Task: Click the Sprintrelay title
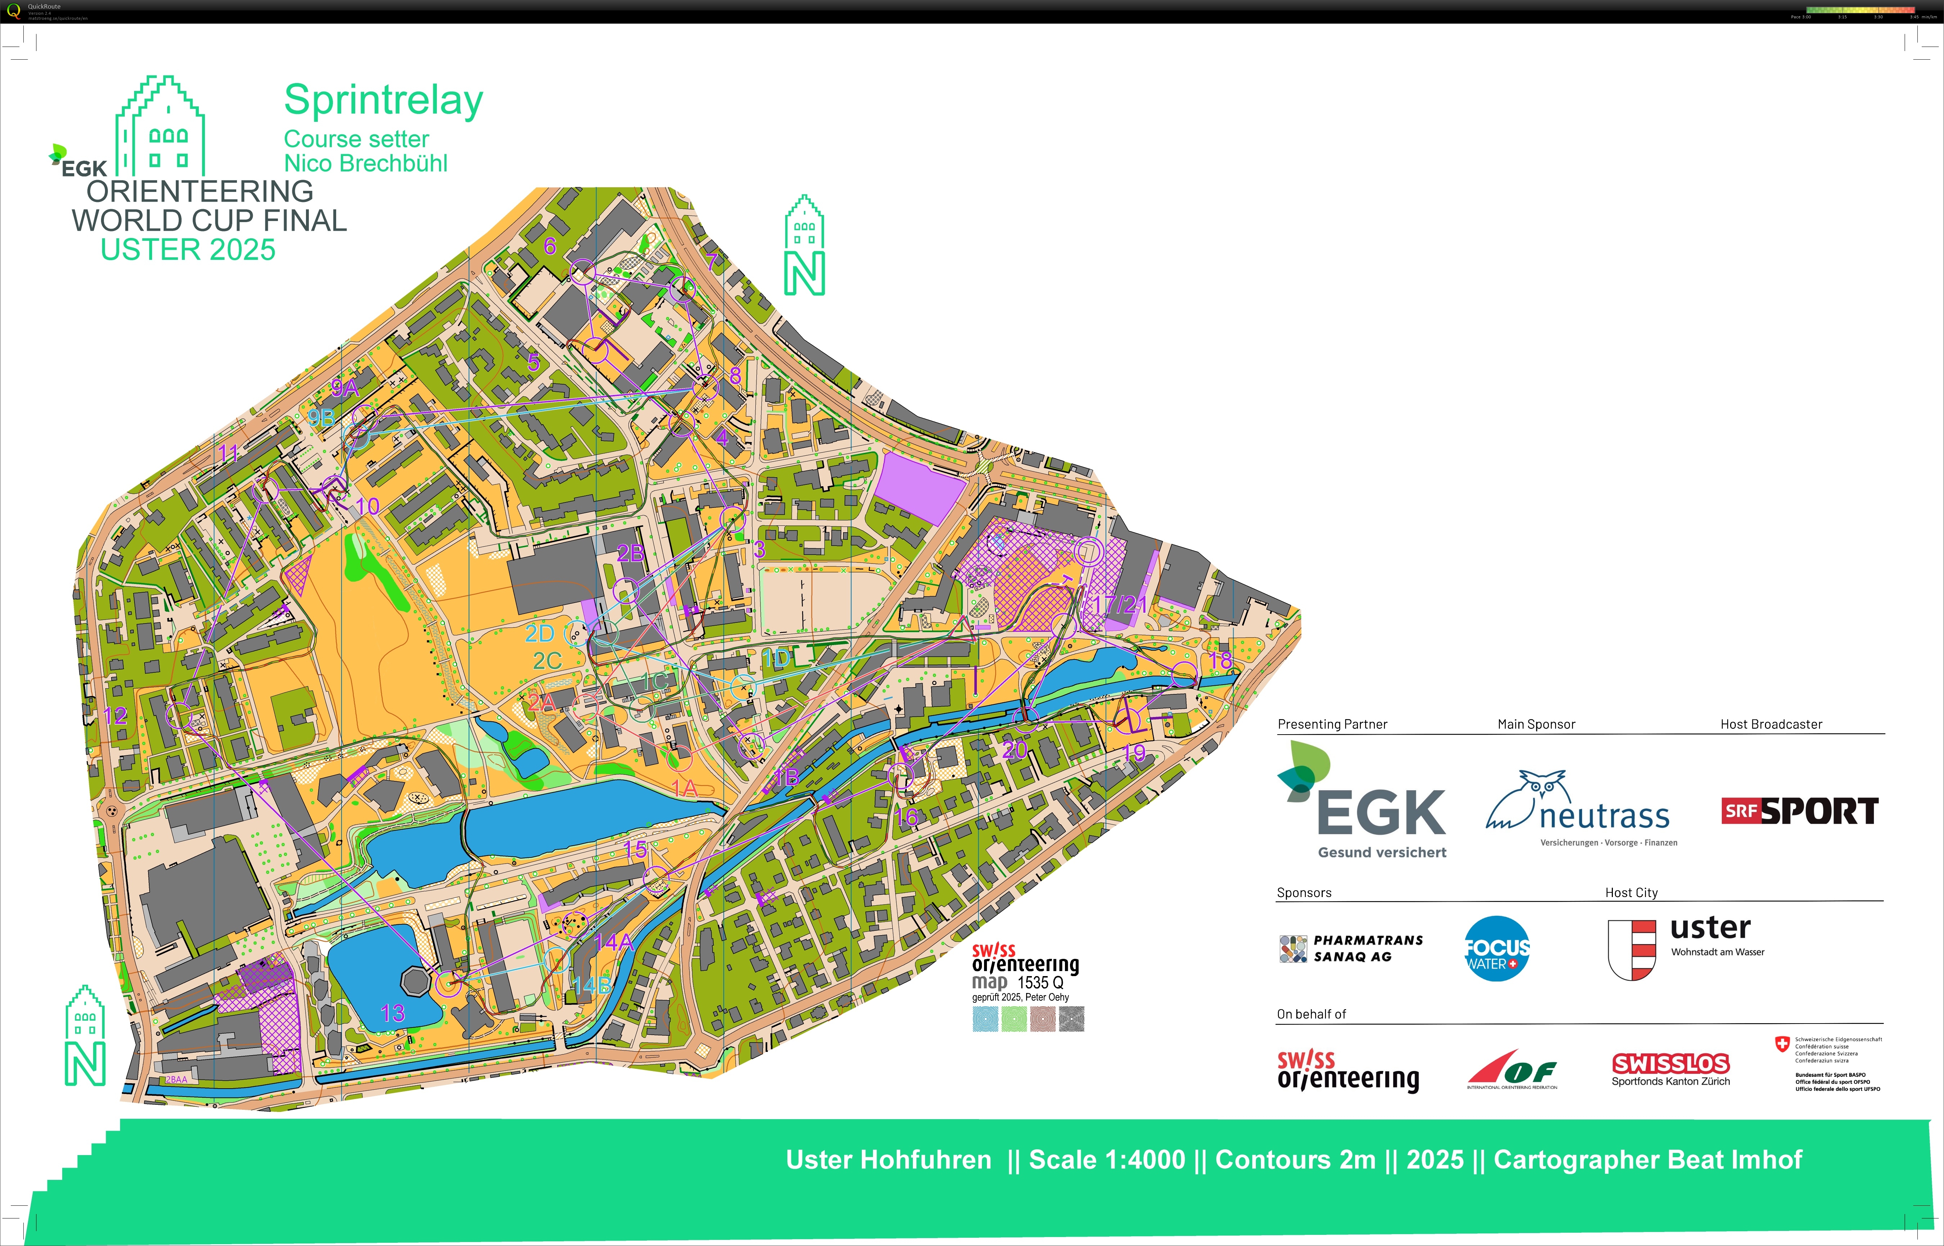(384, 101)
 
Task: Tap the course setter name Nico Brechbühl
(366, 164)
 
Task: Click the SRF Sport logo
(1800, 811)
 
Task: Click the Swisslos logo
(1670, 1064)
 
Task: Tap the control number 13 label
(393, 1013)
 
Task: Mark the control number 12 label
(115, 715)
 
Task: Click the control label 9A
(345, 387)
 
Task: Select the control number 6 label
(550, 245)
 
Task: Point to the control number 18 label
(1221, 660)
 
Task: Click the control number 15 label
(635, 850)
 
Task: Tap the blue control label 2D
(539, 634)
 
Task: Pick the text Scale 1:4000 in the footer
(1106, 1159)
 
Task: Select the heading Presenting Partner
(1332, 724)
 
